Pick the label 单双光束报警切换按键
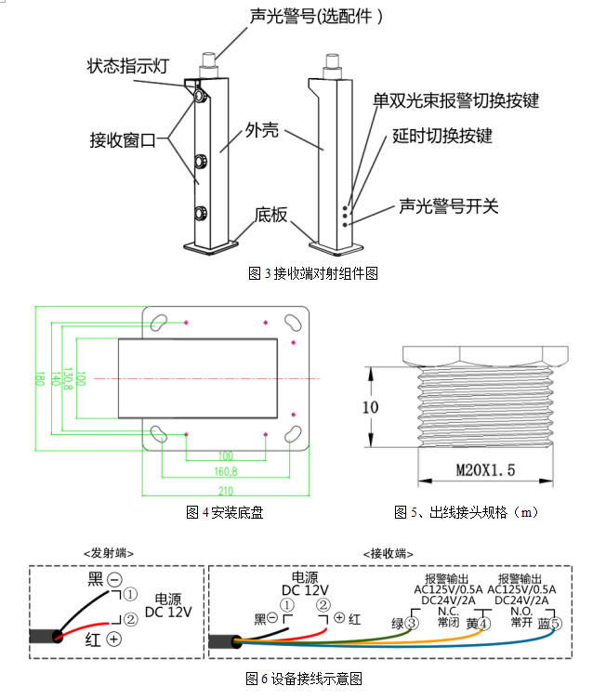[x=455, y=100]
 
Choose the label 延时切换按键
[x=441, y=136]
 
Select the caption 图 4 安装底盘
[x=224, y=512]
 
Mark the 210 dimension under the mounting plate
[x=225, y=490]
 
